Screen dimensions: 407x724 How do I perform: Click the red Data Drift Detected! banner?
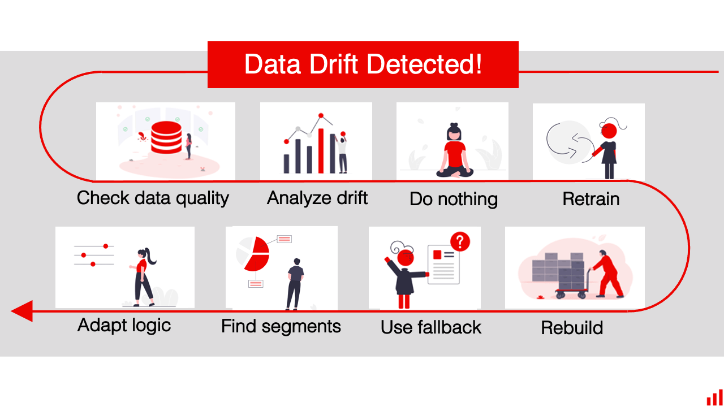[363, 64]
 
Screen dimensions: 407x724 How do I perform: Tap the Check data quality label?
[153, 198]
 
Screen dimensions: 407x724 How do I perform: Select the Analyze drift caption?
[317, 198]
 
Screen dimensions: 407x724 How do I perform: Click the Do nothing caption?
[453, 199]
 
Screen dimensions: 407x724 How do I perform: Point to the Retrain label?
[591, 199]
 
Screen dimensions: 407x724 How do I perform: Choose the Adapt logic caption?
[124, 325]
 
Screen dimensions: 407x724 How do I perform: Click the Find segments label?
[281, 326]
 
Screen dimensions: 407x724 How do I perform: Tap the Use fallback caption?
[430, 327]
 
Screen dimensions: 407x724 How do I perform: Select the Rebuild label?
[571, 327]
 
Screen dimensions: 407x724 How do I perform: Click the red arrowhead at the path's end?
[21, 310]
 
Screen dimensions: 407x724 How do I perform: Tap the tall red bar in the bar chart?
[321, 150]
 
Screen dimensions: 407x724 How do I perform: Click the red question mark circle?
[460, 242]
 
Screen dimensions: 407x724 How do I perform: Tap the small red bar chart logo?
[714, 397]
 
